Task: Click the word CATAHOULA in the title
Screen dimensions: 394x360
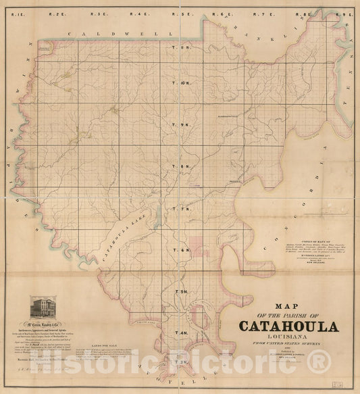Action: [x=288, y=326]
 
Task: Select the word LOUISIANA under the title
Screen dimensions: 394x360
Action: [x=287, y=340]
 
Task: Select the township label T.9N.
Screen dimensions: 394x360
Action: [x=182, y=126]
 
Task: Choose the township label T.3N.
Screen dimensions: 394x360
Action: [x=182, y=363]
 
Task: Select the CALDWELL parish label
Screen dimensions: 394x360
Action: [x=95, y=32]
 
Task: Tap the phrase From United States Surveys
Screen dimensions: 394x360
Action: [x=288, y=351]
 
